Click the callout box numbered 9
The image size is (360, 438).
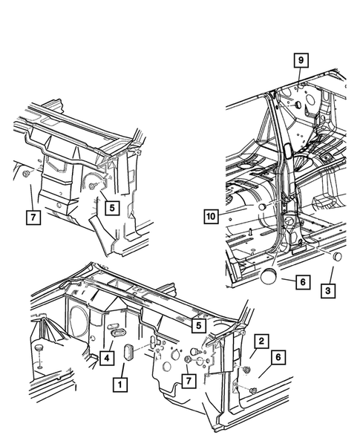[x=301, y=60]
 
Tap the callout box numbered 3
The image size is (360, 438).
[x=328, y=290]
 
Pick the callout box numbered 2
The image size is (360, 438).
[x=261, y=341]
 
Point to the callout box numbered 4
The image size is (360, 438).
[x=107, y=358]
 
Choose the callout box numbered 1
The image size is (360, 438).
[x=120, y=385]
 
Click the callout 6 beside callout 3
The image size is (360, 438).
[x=303, y=282]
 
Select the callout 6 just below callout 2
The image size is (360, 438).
[x=278, y=357]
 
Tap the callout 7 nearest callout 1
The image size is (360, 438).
[x=189, y=380]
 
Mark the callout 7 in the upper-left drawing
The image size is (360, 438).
[x=33, y=217]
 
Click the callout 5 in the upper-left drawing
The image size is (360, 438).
[x=112, y=208]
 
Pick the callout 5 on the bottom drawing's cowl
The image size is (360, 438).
[x=199, y=325]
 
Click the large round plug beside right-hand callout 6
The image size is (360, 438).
[x=268, y=276]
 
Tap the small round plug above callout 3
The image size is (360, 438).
[x=338, y=256]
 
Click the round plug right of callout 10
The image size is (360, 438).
[x=263, y=207]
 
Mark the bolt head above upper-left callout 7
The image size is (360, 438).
[x=26, y=174]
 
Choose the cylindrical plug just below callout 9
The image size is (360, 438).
[x=297, y=105]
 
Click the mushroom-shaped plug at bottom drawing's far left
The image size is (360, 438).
[x=39, y=349]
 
